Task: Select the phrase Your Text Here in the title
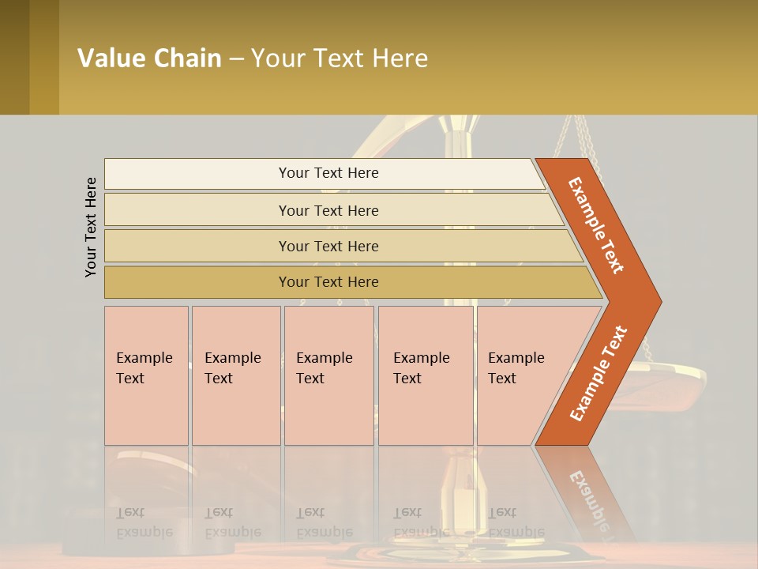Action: click(340, 58)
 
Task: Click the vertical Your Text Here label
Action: click(91, 228)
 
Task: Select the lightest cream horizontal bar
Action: click(324, 173)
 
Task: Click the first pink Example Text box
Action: click(146, 375)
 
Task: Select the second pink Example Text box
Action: click(236, 375)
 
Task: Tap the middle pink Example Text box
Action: click(328, 375)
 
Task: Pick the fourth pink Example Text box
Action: click(426, 375)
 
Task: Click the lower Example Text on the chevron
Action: click(599, 374)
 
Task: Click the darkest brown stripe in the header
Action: click(14, 57)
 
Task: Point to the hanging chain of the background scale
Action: click(584, 142)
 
